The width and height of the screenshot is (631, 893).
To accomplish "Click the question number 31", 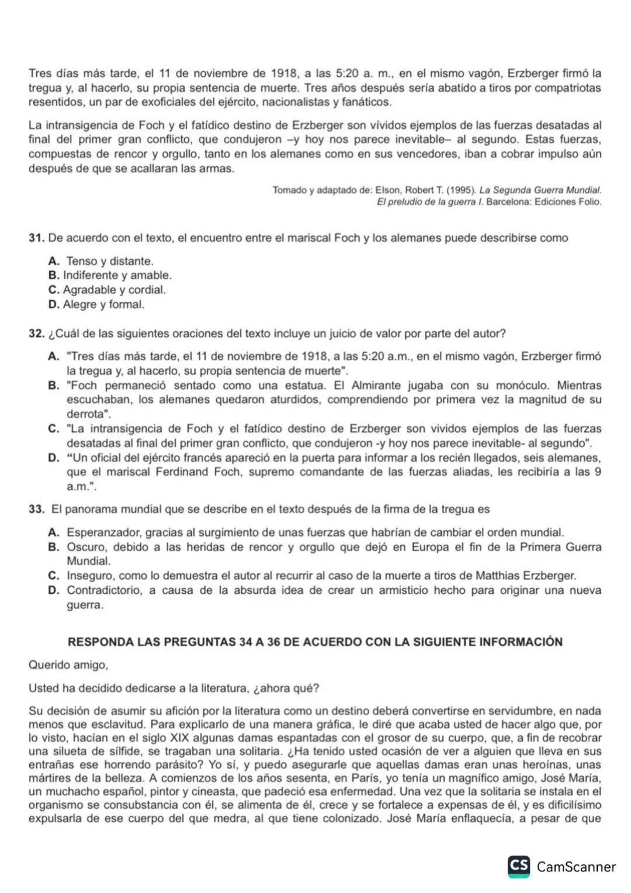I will pyautogui.click(x=37, y=238).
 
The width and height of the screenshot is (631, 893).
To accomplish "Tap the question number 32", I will pyautogui.click(x=37, y=334).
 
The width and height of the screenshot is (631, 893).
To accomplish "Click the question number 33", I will pyautogui.click(x=37, y=510).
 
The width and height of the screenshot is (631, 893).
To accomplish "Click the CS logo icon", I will pyautogui.click(x=519, y=866).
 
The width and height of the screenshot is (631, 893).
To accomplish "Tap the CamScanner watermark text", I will pyautogui.click(x=575, y=867).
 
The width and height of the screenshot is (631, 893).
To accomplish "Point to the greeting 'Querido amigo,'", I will pyautogui.click(x=68, y=665).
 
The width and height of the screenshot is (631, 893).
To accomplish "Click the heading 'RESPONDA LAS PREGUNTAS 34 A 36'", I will pyautogui.click(x=315, y=642).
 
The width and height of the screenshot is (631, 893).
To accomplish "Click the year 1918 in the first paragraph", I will pyautogui.click(x=285, y=74).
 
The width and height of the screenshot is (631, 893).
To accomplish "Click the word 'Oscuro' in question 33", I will pyautogui.click(x=86, y=548).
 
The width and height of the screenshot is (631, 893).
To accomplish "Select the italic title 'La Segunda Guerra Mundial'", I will pyautogui.click(x=540, y=191).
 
